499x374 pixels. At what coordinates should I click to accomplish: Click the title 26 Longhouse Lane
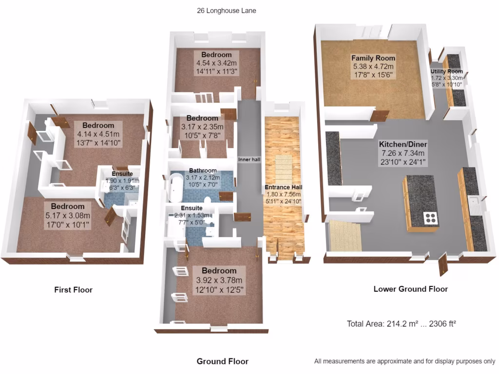227,10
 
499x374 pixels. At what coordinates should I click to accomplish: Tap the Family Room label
373,58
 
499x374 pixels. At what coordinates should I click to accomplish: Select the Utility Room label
446,72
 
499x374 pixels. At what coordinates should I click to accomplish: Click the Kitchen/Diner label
403,145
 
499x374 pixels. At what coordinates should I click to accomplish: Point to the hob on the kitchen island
431,218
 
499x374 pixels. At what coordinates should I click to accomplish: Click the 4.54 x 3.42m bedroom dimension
216,63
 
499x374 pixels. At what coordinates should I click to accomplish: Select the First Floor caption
73,290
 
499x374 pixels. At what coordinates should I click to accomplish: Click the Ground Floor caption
222,361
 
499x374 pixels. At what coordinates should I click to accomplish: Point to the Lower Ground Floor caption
410,289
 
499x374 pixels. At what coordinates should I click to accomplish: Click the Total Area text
401,323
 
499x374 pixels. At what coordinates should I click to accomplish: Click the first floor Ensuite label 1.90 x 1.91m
122,180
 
